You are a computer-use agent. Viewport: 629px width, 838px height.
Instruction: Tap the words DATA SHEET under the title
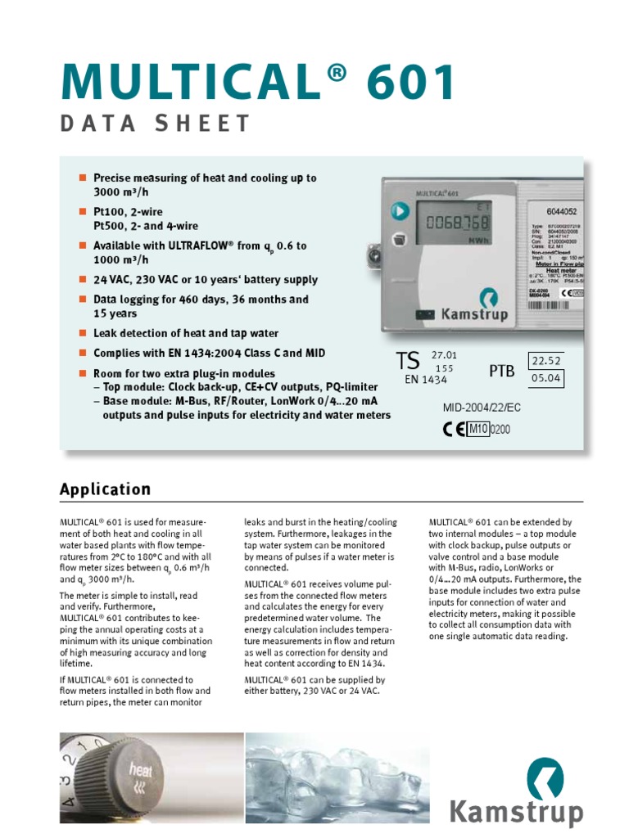coord(155,124)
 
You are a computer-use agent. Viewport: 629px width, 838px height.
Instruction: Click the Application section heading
coord(105,489)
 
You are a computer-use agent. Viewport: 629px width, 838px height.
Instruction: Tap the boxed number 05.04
coord(546,379)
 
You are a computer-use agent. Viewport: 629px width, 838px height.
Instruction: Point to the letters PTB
coord(502,372)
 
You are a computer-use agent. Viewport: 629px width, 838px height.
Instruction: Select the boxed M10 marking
coord(477,429)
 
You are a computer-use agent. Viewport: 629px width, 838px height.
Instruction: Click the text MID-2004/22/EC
coord(482,407)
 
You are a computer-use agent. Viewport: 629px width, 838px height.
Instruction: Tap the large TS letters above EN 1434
coord(407,361)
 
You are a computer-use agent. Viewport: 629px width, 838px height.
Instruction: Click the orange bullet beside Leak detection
coord(82,333)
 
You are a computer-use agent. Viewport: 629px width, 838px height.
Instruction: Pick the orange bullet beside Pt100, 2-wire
coord(82,212)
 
